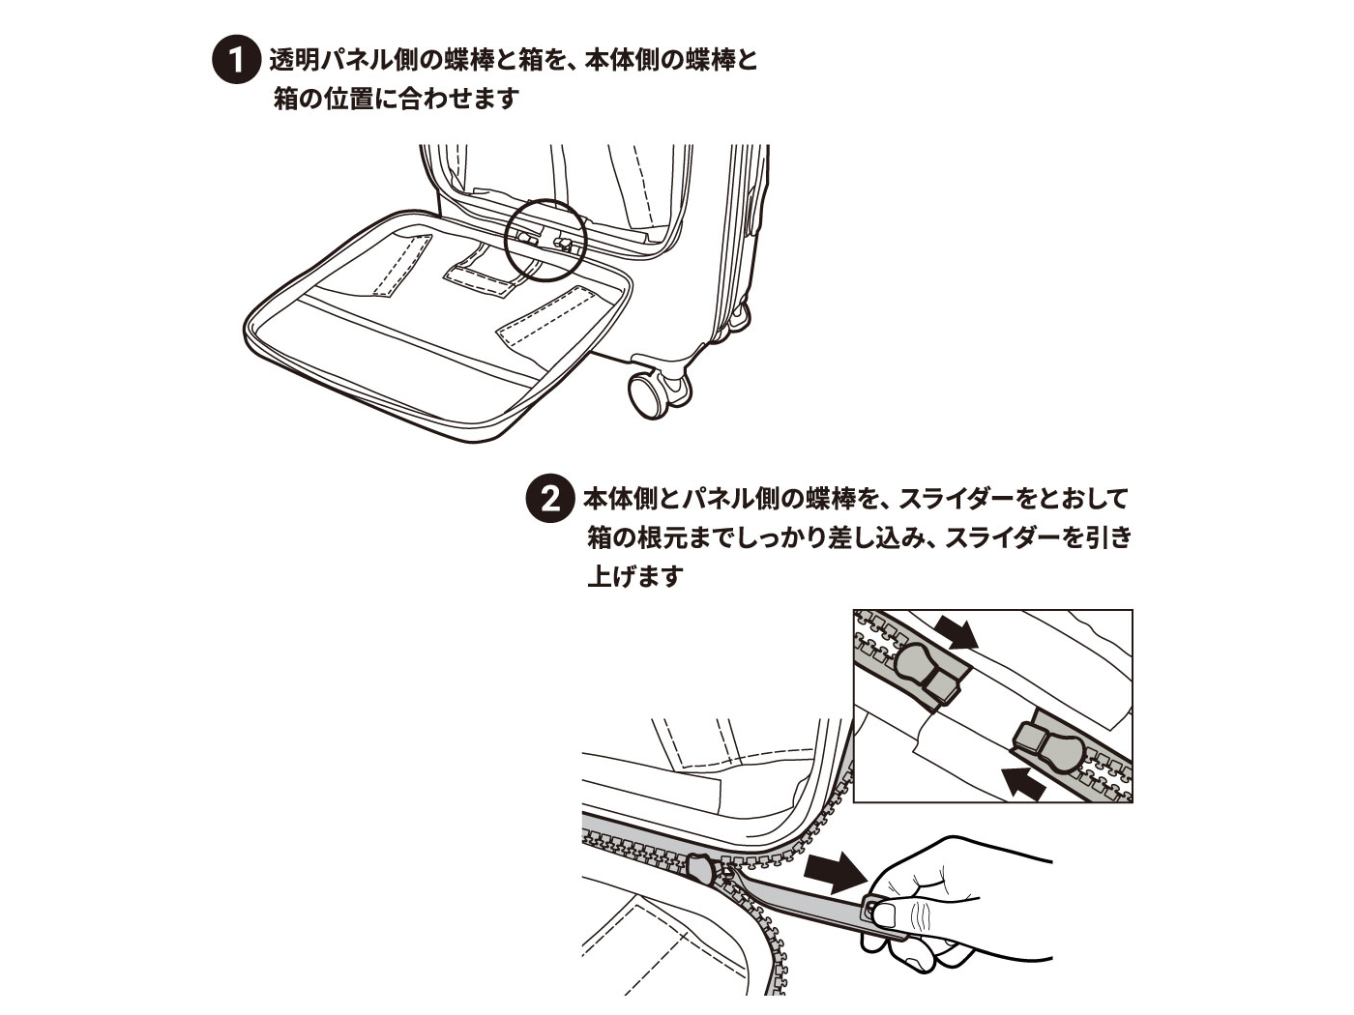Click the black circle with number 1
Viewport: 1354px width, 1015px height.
click(x=236, y=60)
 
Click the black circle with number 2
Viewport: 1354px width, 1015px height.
click(x=549, y=498)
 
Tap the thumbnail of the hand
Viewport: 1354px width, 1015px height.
click(x=884, y=915)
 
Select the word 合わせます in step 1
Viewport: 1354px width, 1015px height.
click(x=459, y=99)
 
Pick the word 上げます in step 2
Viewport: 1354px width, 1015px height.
click(x=636, y=575)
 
